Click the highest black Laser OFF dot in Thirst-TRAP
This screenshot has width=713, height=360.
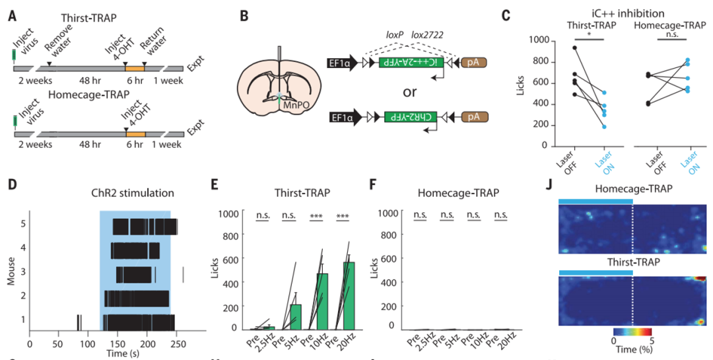tap(575, 48)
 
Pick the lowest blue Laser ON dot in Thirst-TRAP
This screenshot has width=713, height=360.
tap(603, 127)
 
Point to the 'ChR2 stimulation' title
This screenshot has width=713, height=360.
tap(133, 194)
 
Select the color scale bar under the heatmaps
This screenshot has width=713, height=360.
tap(632, 332)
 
